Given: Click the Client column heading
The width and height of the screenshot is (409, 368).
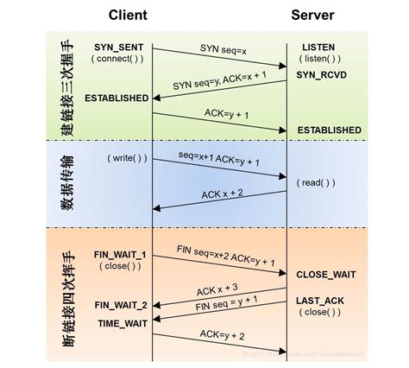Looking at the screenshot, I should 128,16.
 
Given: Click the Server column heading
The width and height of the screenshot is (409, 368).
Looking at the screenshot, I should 312,16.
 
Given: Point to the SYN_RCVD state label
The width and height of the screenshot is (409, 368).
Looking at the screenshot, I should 321,76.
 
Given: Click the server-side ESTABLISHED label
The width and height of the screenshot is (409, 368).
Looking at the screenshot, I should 329,130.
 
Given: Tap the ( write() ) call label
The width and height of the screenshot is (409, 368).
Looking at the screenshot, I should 127,160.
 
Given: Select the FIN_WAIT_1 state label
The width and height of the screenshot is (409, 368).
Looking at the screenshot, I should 120,255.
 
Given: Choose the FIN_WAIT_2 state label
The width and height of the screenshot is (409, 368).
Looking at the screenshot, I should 120,304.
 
